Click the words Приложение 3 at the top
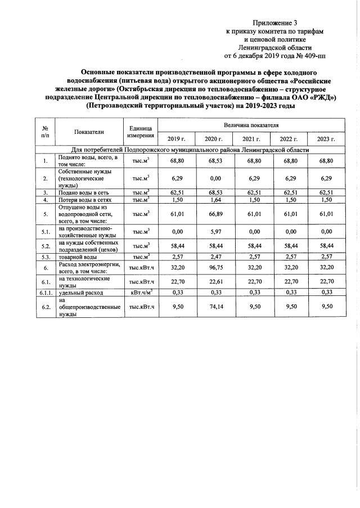pos(275,24)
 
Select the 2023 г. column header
pos(326,138)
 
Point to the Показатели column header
pos(89,132)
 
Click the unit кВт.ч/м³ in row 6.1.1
pos(141,293)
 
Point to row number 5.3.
pos(44,257)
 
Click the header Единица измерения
pos(141,132)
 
